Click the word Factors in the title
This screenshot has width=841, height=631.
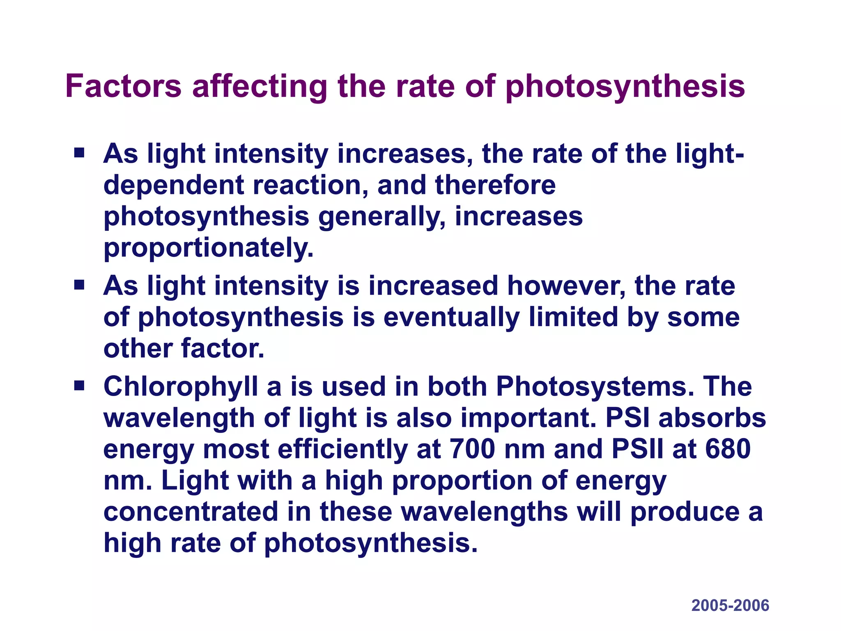[x=123, y=86]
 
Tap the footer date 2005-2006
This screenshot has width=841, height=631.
[x=730, y=606]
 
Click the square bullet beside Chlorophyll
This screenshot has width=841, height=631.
[x=79, y=386]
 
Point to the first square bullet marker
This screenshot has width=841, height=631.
[x=79, y=154]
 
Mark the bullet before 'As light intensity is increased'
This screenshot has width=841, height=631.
[x=79, y=285]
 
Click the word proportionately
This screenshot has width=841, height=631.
[x=208, y=248]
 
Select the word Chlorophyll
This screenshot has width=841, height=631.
[x=181, y=387]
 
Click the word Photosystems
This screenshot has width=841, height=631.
[x=595, y=387]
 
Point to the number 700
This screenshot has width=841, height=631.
[x=472, y=449]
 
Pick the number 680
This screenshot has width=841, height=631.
[x=728, y=449]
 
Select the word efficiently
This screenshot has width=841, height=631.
[x=342, y=449]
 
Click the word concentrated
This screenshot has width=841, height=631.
[x=191, y=512]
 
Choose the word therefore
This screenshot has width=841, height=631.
[x=495, y=185]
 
